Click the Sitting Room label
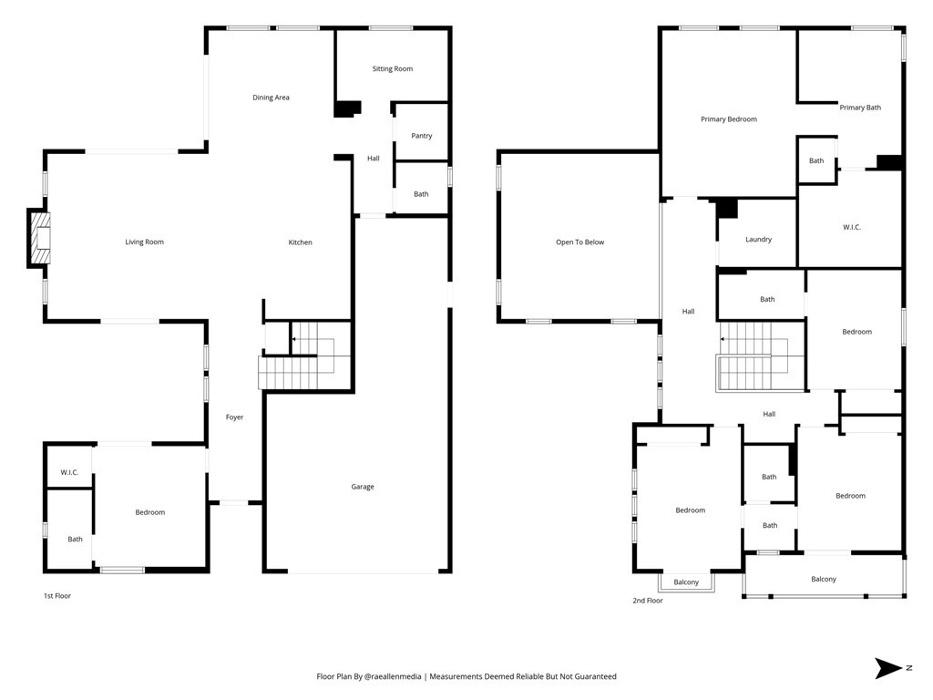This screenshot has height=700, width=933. point(392,68)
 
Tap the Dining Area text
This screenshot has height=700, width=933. point(271,98)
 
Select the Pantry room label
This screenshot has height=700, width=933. point(421,136)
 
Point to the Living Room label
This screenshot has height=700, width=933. point(144,242)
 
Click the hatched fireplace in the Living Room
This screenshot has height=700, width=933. point(41,238)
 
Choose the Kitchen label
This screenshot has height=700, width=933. point(300,242)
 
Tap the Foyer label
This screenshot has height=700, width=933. point(234,417)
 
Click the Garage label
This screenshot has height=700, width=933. point(363,487)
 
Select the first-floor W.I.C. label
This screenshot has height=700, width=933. point(69,473)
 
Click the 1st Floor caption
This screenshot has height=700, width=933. point(57,596)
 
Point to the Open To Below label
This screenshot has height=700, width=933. point(579,242)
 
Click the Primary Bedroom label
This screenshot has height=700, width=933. point(729,119)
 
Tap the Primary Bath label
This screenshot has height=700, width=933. point(860,108)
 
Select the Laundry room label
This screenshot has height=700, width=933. point(758,240)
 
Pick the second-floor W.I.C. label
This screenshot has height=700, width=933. point(852,227)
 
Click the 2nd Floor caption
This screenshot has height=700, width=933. point(648,601)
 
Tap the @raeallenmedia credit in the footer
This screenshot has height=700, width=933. point(393,677)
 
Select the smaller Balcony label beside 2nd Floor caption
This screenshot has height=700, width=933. point(686,582)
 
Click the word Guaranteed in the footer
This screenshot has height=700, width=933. point(596,677)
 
